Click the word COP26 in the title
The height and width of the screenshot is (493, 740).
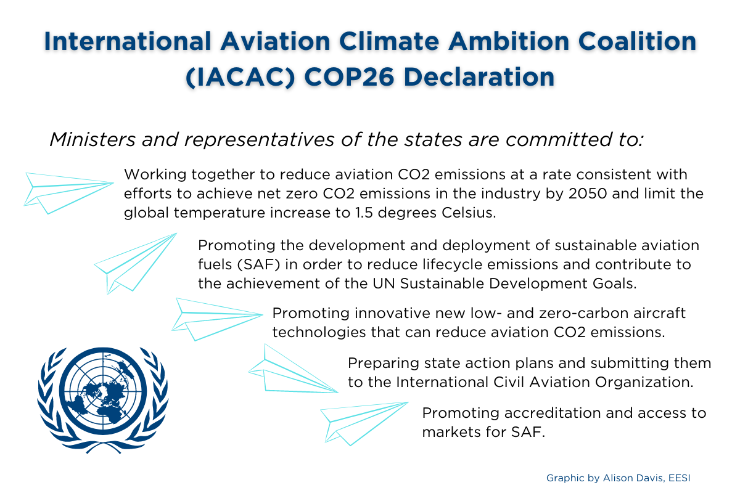coord(349,77)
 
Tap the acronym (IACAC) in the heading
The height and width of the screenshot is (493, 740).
coord(240,78)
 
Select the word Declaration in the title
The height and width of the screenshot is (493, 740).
coord(479,77)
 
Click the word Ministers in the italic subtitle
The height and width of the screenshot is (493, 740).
coord(92,139)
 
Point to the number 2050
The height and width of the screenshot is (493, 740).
coord(588,194)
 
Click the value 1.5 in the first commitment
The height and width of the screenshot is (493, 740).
coord(364,213)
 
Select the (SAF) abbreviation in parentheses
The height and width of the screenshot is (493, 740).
coord(258,264)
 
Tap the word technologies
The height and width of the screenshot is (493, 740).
coord(319,333)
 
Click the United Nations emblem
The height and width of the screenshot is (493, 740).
coord(103,400)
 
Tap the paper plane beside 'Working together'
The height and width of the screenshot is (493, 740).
coord(68,193)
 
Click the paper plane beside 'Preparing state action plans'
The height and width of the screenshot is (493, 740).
coord(294,369)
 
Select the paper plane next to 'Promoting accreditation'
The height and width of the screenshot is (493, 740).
coord(364,423)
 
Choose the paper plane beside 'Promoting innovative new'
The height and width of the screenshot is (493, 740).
coord(217,319)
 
